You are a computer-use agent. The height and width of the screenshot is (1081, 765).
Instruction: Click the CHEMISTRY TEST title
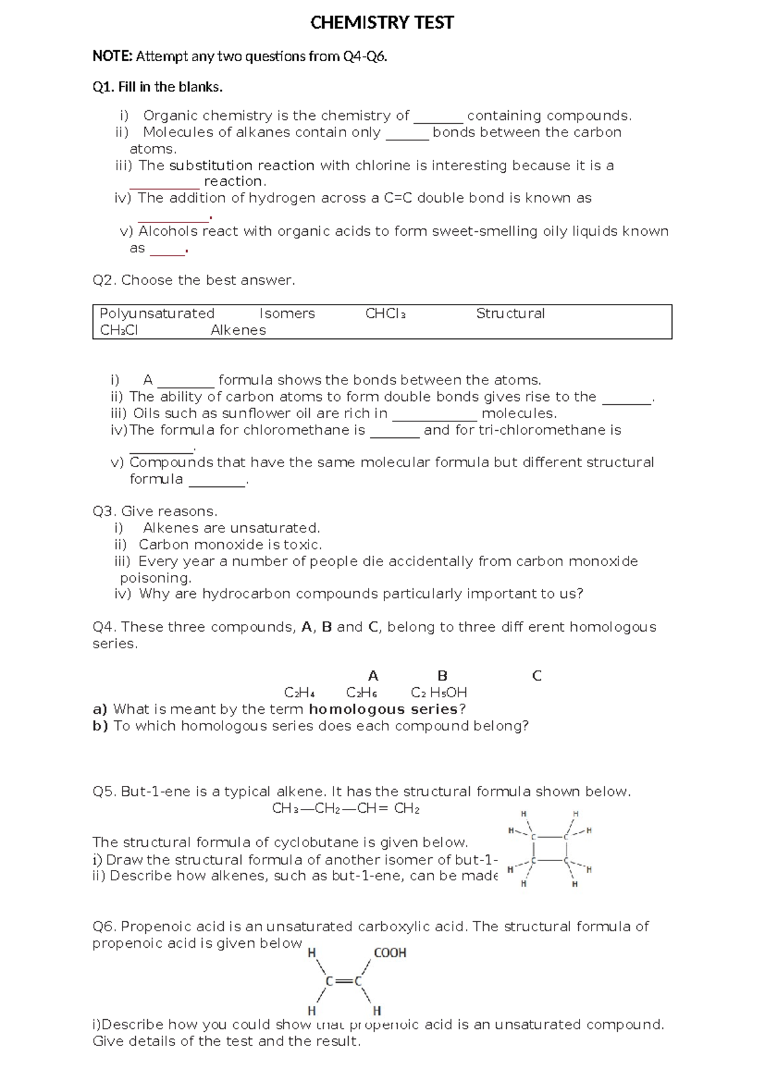pyautogui.click(x=382, y=24)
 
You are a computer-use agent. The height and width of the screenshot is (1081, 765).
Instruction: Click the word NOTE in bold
pyautogui.click(x=112, y=57)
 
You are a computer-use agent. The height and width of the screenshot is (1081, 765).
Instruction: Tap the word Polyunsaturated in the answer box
pyautogui.click(x=157, y=314)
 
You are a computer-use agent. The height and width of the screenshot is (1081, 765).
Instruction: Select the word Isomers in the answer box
pyautogui.click(x=287, y=314)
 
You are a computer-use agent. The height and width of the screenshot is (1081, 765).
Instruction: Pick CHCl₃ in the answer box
pyautogui.click(x=386, y=314)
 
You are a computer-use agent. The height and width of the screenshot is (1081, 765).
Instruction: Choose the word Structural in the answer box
pyautogui.click(x=510, y=314)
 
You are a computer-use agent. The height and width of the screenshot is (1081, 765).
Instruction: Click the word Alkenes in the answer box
pyautogui.click(x=238, y=330)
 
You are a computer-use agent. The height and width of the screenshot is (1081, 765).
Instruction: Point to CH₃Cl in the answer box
pyautogui.click(x=119, y=330)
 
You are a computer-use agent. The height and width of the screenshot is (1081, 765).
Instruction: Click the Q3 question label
pyautogui.click(x=105, y=511)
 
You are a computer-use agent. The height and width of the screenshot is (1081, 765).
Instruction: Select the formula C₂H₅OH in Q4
pyautogui.click(x=439, y=693)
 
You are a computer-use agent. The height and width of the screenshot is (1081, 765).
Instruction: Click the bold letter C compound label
pyautogui.click(x=536, y=676)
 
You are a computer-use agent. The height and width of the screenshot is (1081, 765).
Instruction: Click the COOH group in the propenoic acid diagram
pyautogui.click(x=390, y=953)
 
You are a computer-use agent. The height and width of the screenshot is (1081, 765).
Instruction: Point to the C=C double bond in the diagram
pyautogui.click(x=344, y=982)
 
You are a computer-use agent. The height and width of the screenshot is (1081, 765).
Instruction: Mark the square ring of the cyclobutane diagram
pyautogui.click(x=549, y=848)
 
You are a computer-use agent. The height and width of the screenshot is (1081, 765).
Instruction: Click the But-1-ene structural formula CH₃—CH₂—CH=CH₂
pyautogui.click(x=346, y=809)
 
